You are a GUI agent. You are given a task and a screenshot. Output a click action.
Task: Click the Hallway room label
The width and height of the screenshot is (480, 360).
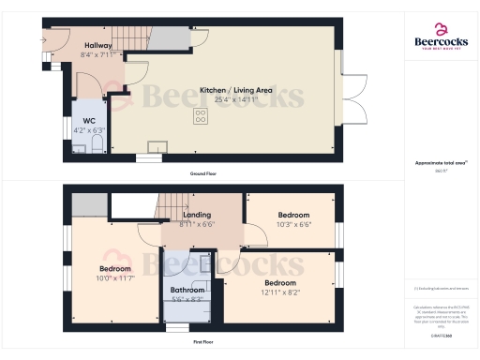(98, 45)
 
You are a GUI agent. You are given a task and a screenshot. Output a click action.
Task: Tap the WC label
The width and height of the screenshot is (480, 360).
(89, 120)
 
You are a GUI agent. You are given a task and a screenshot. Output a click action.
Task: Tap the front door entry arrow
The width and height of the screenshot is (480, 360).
(43, 40)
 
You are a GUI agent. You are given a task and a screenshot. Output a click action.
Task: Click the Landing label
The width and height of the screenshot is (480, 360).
(195, 215)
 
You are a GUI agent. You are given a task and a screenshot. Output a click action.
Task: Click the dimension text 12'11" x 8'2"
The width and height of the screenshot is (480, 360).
(280, 292)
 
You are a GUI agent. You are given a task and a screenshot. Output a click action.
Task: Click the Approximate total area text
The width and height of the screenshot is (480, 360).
(440, 163)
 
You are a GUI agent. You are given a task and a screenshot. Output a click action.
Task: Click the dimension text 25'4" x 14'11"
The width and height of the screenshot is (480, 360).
(236, 100)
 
